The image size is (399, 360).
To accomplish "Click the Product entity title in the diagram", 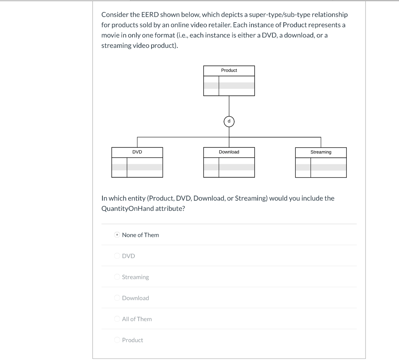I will (229, 71).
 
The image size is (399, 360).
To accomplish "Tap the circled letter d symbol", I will (229, 122).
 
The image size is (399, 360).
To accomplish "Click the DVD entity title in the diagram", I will (137, 152).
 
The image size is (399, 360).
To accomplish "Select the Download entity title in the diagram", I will (229, 152).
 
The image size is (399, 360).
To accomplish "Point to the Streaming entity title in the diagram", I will (321, 152).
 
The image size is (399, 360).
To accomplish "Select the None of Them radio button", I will (117, 235).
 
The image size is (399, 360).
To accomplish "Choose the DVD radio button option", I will (117, 256).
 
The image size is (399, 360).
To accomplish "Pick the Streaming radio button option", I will (117, 277).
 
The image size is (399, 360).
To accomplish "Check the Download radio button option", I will (117, 298).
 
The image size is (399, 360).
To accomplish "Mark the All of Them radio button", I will (117, 319).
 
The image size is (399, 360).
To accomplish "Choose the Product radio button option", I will (117, 340).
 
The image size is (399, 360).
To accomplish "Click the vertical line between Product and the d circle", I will (229, 106).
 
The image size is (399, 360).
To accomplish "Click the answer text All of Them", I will (137, 319).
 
